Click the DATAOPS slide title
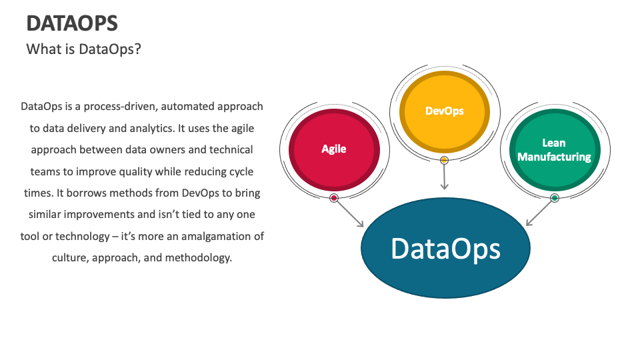click(x=72, y=23)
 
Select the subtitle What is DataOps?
click(x=83, y=49)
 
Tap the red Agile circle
click(x=333, y=148)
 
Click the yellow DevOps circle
click(x=444, y=111)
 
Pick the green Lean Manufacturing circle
click(x=554, y=150)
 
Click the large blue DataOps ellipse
click(x=445, y=248)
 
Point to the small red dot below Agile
click(x=334, y=198)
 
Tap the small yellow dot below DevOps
click(x=444, y=160)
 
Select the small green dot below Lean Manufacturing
click(x=554, y=198)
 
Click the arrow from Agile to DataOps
click(x=349, y=213)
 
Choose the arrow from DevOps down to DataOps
click(x=444, y=177)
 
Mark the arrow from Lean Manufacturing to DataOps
click(x=540, y=213)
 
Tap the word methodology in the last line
click(x=200, y=257)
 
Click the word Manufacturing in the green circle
click(x=554, y=157)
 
